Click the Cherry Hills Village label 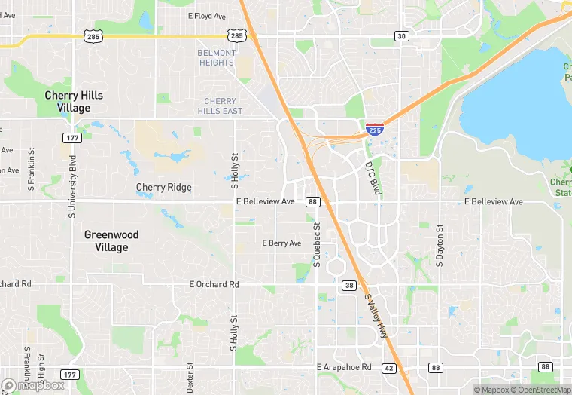click(74, 102)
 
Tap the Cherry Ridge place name click(163, 187)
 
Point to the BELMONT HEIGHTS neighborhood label click(216, 57)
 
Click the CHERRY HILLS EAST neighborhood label click(220, 106)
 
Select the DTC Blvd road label click(373, 179)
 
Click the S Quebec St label click(317, 245)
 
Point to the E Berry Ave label click(281, 243)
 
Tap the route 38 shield click(349, 285)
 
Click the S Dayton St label click(440, 245)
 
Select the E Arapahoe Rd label click(344, 367)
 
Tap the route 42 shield click(388, 368)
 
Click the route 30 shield click(401, 36)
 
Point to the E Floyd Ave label click(207, 16)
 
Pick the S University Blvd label click(73, 186)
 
